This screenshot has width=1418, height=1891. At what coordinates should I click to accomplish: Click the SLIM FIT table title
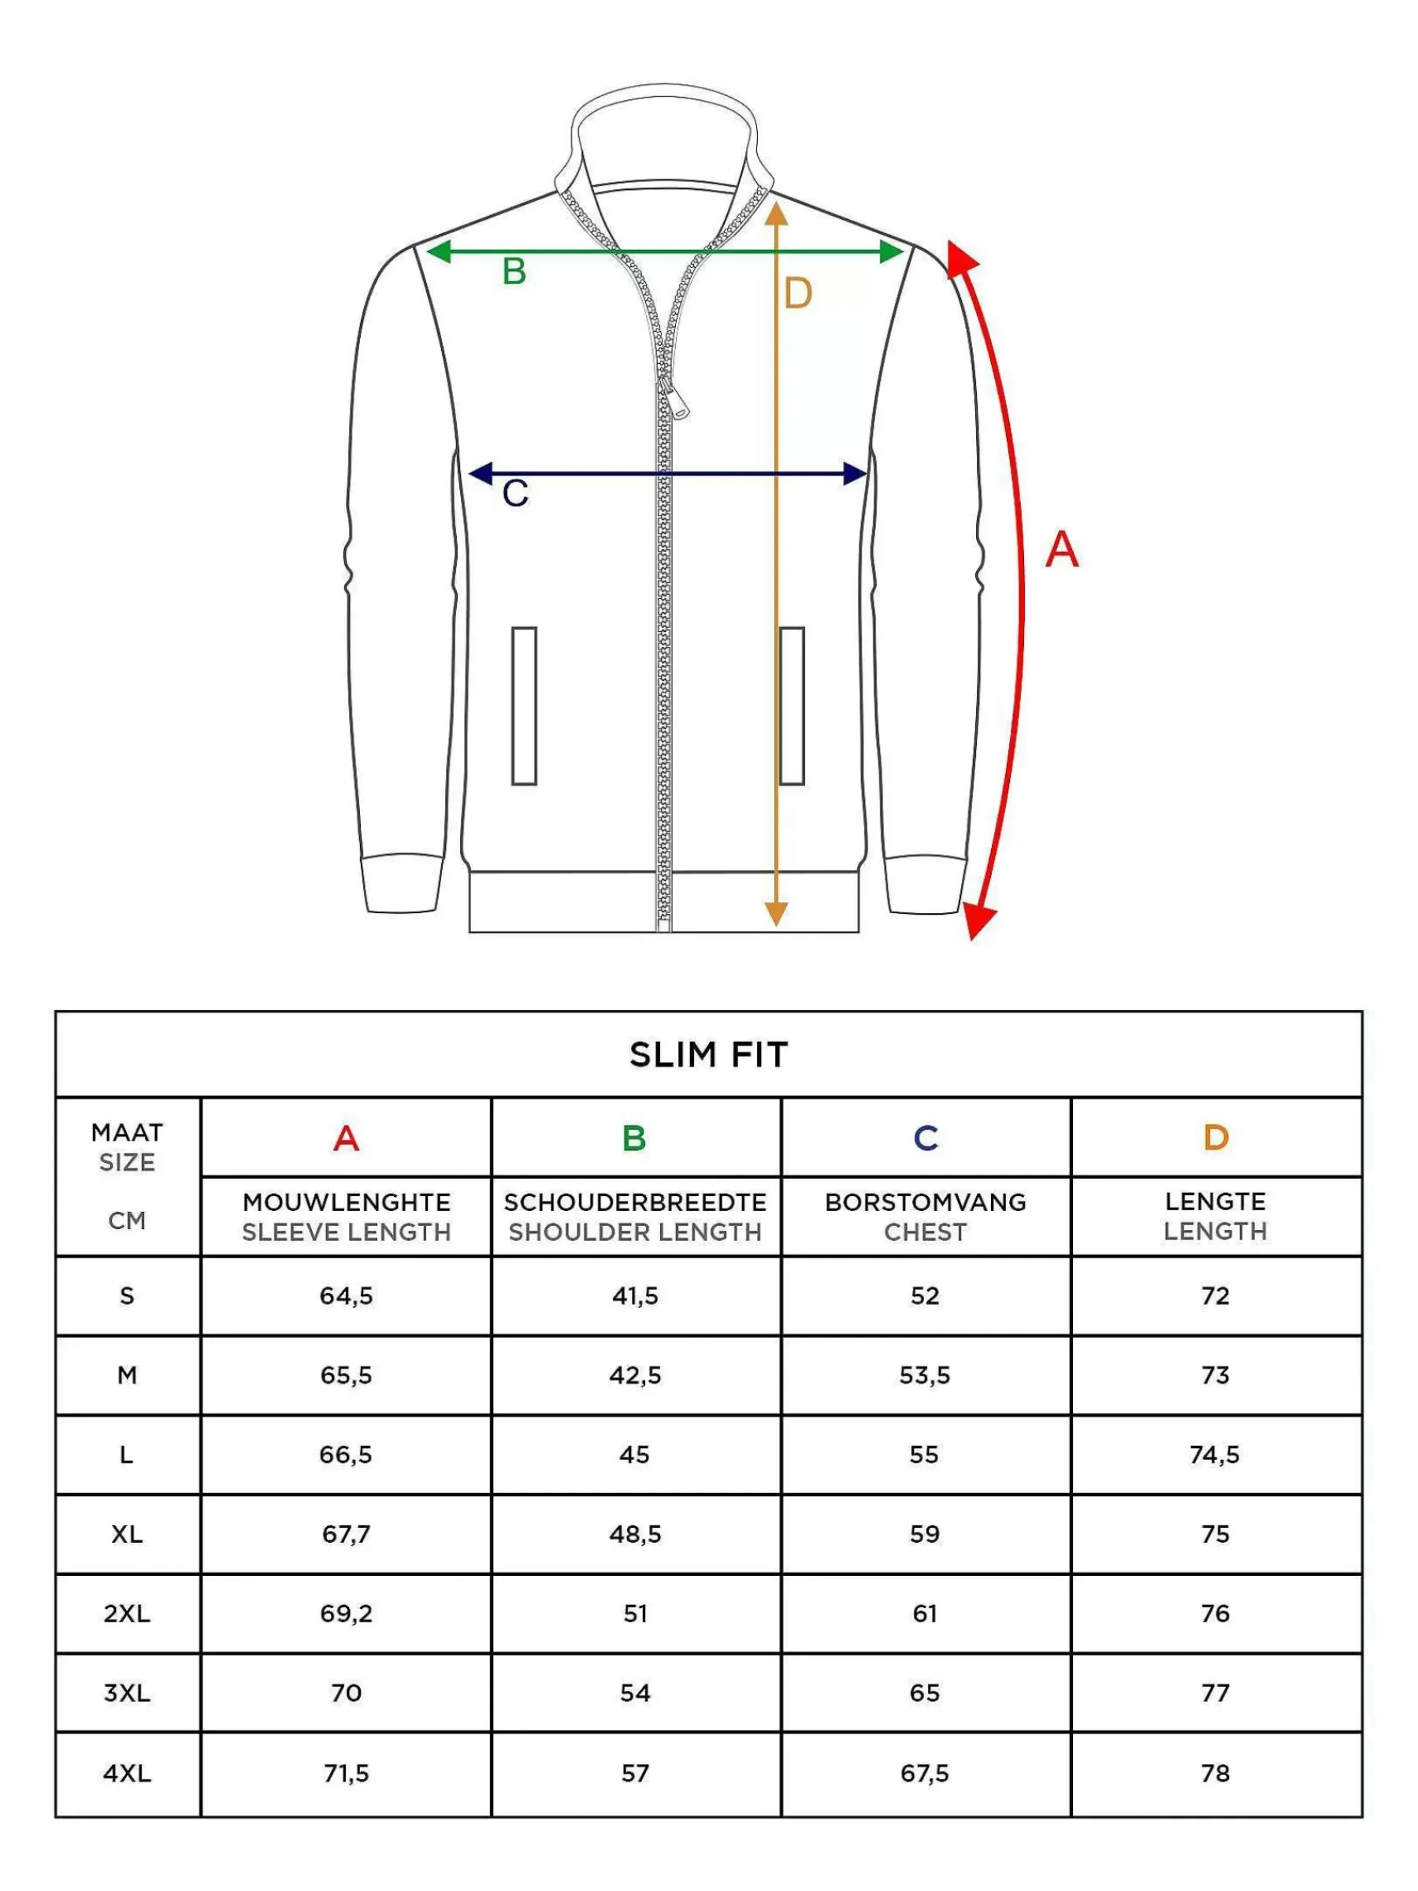click(x=708, y=1055)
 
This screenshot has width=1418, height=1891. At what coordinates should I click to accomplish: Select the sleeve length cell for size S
click(x=346, y=1296)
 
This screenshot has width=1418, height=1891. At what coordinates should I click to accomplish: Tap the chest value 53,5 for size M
click(x=925, y=1376)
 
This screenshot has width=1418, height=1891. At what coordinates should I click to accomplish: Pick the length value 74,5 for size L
click(x=1215, y=1454)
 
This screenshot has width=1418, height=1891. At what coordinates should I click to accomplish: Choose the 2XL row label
click(x=128, y=1613)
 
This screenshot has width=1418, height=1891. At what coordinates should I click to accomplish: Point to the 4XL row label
click(x=128, y=1773)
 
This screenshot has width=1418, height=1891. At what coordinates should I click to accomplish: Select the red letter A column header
click(x=346, y=1138)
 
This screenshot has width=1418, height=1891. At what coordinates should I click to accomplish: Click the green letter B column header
click(x=634, y=1138)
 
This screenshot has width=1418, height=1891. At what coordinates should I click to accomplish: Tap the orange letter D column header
click(x=1216, y=1137)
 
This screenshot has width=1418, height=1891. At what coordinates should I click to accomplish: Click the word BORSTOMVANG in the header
click(x=926, y=1202)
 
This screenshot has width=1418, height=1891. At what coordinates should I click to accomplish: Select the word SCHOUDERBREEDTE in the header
click(x=635, y=1202)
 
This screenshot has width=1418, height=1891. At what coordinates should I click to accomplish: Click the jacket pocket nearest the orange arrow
click(x=792, y=705)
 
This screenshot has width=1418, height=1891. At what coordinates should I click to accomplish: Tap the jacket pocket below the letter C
click(x=524, y=705)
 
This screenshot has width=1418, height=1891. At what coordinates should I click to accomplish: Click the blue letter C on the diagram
click(x=515, y=493)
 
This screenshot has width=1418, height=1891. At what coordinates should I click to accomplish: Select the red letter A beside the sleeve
click(x=1062, y=549)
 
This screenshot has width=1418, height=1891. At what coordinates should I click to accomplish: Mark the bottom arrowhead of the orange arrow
click(x=775, y=914)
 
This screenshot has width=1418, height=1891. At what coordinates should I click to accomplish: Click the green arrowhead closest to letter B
click(x=439, y=251)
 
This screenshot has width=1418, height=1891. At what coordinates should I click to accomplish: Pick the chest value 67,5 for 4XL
click(x=925, y=1773)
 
